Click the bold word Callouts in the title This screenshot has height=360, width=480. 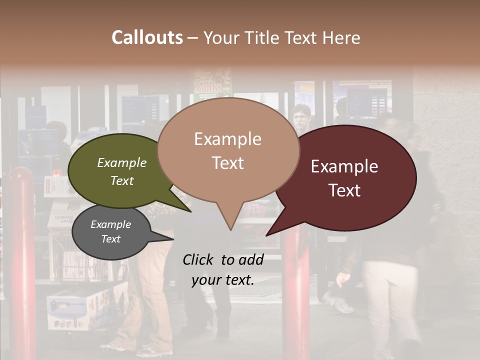[147, 37]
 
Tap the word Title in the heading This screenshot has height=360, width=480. [263, 37]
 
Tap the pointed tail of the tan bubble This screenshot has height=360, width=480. [230, 227]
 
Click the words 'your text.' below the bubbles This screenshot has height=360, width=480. [223, 280]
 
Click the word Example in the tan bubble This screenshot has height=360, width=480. [227, 139]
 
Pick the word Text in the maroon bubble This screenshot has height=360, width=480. [344, 190]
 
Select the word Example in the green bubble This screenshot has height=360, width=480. [121, 162]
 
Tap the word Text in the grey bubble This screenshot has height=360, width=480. [110, 239]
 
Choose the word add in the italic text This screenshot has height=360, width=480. [251, 259]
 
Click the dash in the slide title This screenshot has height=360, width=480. [193, 37]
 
